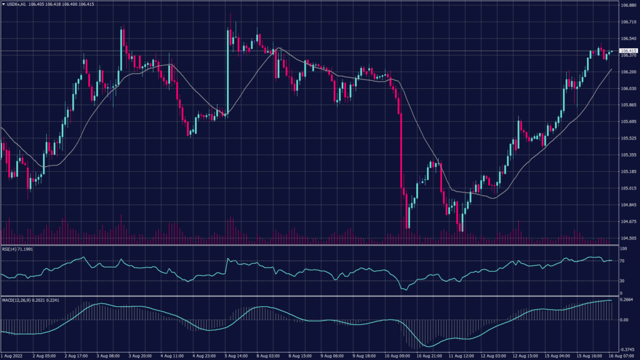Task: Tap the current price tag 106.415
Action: coord(628,51)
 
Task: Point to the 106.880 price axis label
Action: coord(628,6)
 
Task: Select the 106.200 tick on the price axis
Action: coord(628,72)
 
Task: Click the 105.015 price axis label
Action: coord(628,188)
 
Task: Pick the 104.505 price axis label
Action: coord(628,238)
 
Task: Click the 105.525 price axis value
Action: coord(628,138)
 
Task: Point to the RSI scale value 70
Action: coord(622,261)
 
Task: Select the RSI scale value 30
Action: coord(622,281)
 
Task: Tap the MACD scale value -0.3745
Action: coord(627,349)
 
